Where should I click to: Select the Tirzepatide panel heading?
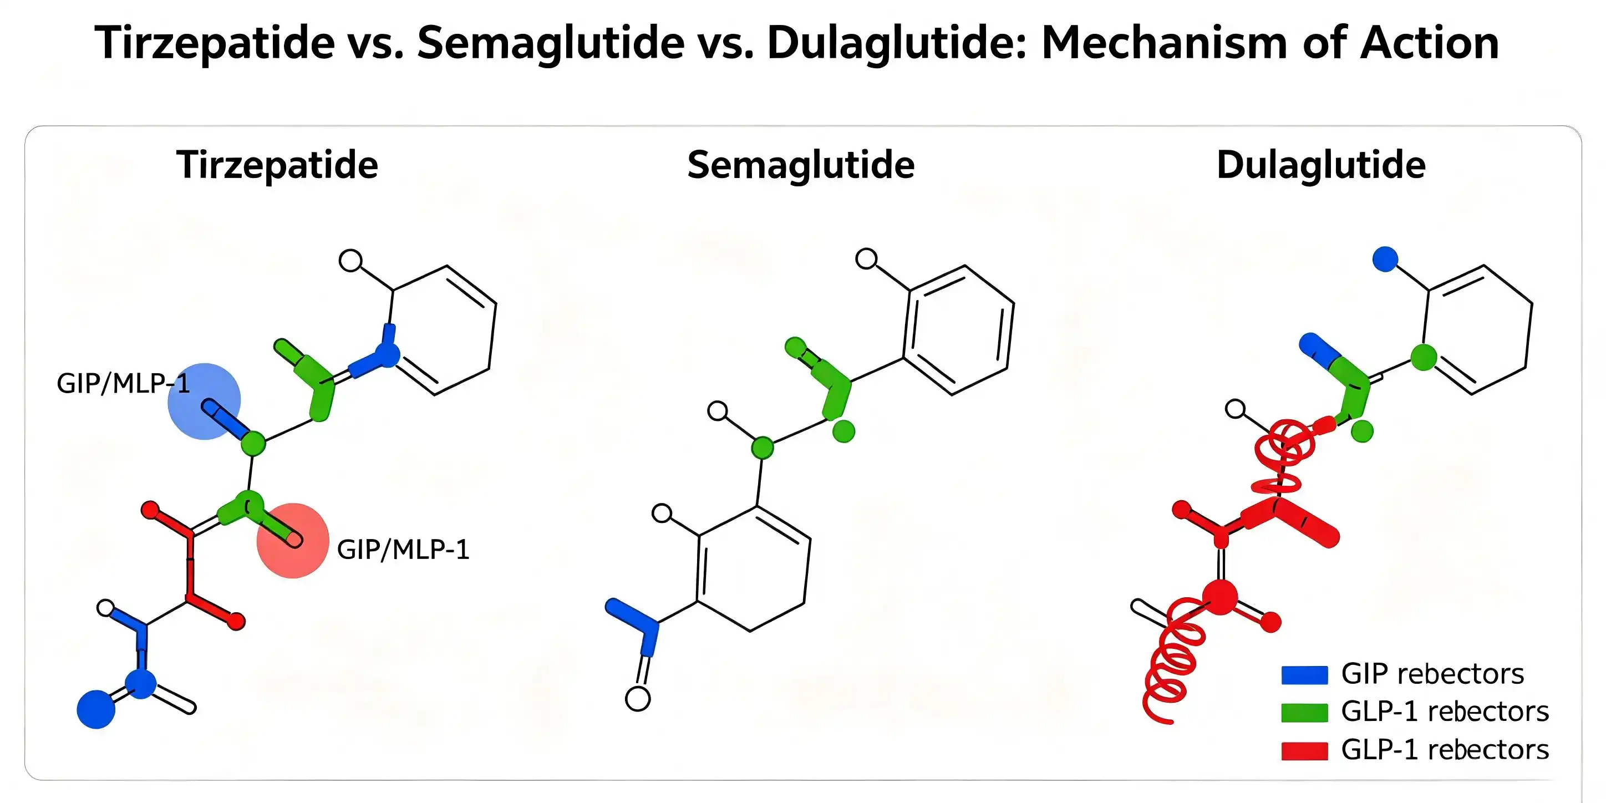(277, 165)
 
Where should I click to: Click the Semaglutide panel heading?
(801, 165)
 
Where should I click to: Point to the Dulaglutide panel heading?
(1321, 165)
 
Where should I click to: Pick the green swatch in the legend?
(1304, 713)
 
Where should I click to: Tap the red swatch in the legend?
(1304, 751)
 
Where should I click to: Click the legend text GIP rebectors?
(1432, 674)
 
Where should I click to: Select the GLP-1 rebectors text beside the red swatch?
(1445, 749)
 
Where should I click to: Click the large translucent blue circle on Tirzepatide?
(204, 402)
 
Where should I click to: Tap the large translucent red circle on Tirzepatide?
(292, 541)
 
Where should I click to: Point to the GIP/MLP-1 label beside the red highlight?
(403, 550)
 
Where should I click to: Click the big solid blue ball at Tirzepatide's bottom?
(96, 709)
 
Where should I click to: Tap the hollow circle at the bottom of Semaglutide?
(638, 699)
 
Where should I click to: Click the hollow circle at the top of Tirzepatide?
(350, 260)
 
